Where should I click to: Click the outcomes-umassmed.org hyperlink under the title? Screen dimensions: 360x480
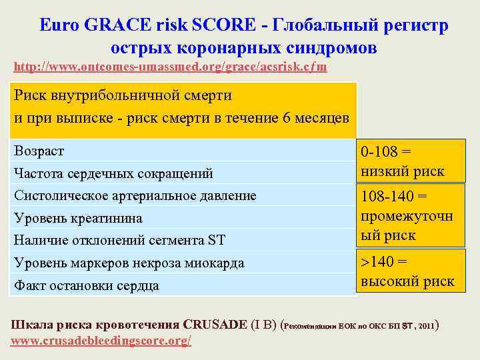[x=170, y=67]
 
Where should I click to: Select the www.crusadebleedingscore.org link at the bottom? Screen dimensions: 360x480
[x=102, y=341]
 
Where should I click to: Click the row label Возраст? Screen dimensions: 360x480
[x=39, y=151]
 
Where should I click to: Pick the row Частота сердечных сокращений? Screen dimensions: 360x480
[x=113, y=173]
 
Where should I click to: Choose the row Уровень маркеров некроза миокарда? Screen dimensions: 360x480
[x=129, y=263]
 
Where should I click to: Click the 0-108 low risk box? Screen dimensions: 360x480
[x=402, y=161]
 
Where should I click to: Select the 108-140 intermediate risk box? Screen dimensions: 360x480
[x=406, y=216]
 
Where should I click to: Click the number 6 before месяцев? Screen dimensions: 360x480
[x=287, y=118]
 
